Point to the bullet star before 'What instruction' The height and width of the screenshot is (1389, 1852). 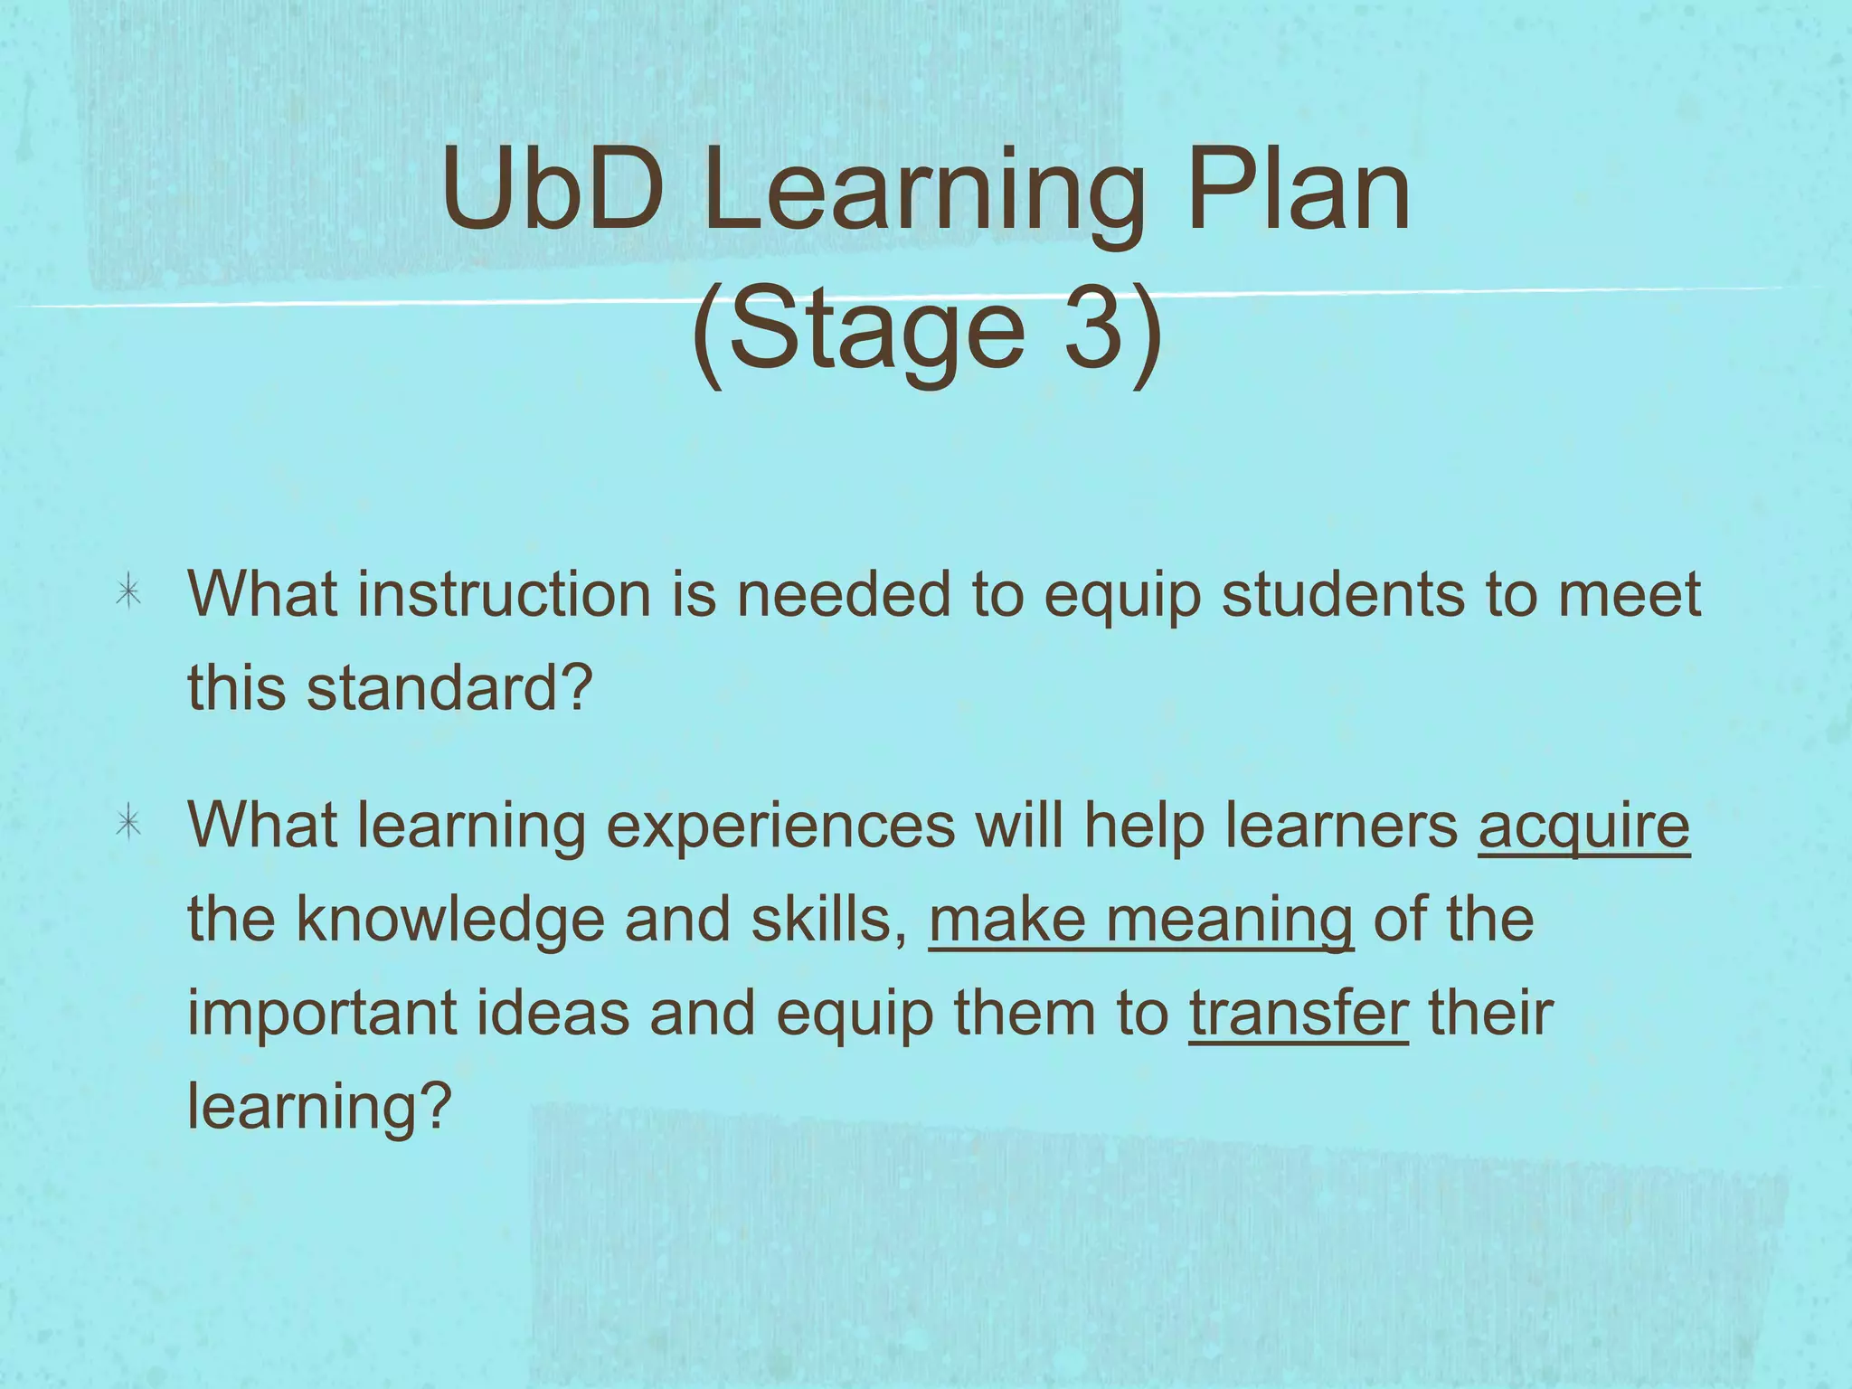(128, 593)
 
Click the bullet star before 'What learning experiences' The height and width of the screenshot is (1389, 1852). (128, 824)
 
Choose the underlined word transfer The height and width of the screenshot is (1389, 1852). (1298, 1013)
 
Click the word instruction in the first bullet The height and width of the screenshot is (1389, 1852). (504, 595)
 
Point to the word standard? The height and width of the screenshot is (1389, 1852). (449, 687)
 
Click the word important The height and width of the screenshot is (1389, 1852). (321, 1014)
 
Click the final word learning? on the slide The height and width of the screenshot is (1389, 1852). (318, 1107)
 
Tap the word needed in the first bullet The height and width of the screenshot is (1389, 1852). (843, 595)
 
